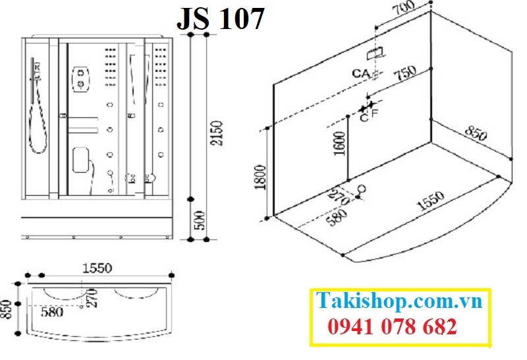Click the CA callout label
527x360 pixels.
(x=360, y=73)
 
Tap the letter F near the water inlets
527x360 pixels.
(x=375, y=114)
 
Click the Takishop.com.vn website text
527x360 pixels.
(x=400, y=301)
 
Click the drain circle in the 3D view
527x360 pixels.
(x=361, y=191)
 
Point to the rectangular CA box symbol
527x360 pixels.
(x=377, y=51)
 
